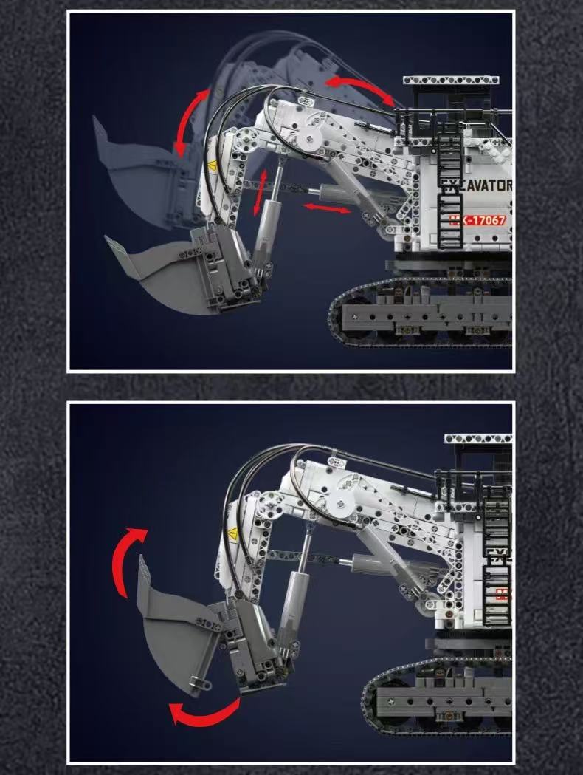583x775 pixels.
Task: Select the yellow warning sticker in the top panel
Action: click(x=213, y=166)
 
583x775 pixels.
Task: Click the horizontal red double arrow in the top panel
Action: click(x=328, y=209)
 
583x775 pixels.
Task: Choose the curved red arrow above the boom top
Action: click(x=361, y=89)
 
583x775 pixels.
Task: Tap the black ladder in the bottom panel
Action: click(x=496, y=554)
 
